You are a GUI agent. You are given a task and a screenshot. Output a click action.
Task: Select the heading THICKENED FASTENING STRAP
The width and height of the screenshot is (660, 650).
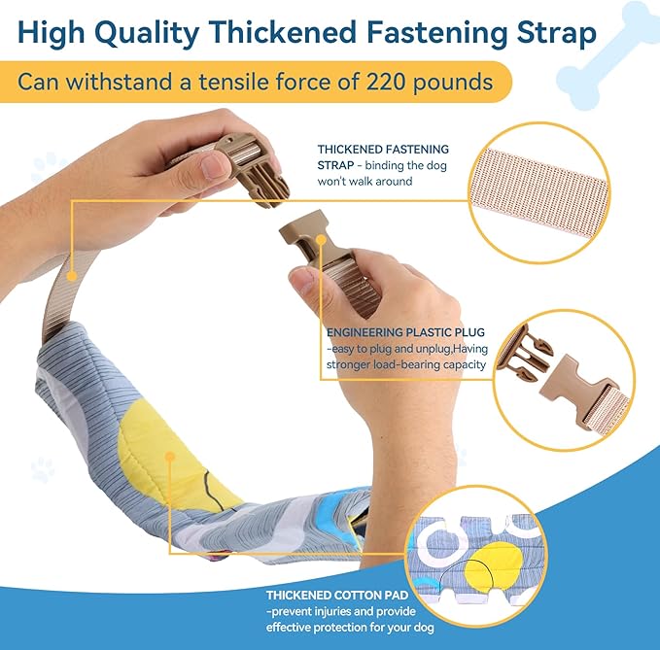(x=383, y=157)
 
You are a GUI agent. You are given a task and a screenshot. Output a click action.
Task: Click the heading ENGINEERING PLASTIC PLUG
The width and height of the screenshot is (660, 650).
(x=405, y=332)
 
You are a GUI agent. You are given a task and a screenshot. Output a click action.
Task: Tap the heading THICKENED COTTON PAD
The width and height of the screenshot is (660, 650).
(x=337, y=596)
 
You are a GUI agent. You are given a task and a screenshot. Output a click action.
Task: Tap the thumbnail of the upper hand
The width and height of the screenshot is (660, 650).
(x=214, y=166)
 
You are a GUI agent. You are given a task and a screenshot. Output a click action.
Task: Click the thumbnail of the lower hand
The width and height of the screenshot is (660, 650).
(x=302, y=281)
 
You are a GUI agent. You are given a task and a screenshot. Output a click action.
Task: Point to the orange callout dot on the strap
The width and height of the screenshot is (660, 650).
(x=72, y=276)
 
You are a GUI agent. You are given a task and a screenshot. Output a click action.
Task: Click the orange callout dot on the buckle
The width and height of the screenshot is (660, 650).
(x=321, y=240)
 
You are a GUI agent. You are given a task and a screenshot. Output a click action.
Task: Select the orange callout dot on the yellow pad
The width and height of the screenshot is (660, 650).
(x=170, y=457)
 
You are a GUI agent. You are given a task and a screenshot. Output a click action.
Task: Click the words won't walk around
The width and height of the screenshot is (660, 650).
(x=365, y=182)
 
